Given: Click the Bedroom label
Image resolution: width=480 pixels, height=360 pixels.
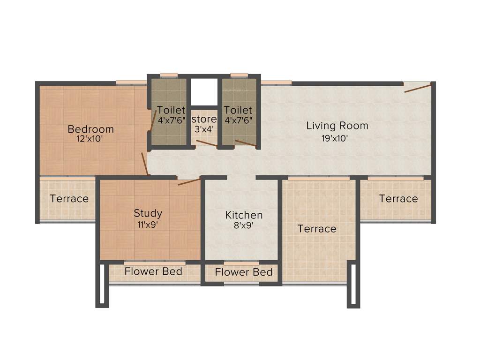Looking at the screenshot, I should tap(90, 129).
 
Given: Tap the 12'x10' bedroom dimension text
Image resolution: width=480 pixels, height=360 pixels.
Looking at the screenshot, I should tap(90, 139).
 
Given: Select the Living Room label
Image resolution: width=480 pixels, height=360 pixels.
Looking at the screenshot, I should tap(337, 126).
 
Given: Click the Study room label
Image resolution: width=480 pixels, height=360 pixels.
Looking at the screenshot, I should tap(148, 213).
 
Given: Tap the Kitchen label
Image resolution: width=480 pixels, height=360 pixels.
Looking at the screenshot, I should tap(244, 215).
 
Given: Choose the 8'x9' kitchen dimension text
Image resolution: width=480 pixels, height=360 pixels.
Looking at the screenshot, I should tap(243, 225).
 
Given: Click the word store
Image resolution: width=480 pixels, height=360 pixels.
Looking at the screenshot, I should tap(204, 119).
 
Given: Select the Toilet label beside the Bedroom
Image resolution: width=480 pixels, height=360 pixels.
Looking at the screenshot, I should tap(171, 110).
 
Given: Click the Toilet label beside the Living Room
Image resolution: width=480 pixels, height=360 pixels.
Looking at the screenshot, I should tap(238, 110).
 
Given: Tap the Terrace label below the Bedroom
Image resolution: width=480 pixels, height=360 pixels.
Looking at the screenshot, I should tap(69, 199).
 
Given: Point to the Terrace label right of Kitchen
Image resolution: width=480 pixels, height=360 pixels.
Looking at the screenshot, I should tap(317, 229).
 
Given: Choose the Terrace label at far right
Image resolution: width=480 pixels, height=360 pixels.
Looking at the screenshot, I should tap(398, 199).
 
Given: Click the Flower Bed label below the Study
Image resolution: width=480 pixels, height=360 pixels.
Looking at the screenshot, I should tap(153, 271).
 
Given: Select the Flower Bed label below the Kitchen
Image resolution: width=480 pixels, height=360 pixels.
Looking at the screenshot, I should tap(244, 272).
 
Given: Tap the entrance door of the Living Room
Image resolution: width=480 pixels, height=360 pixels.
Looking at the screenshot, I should tap(417, 87).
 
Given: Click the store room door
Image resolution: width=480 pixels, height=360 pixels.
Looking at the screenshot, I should tap(206, 143).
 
